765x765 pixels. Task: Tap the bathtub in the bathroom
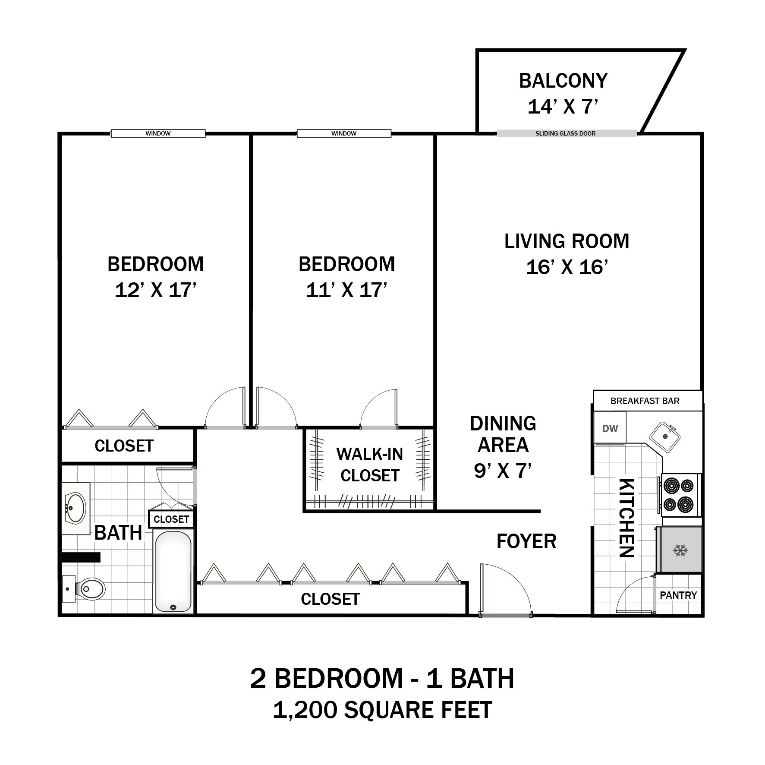coord(173,571)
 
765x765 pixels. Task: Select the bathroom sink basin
coord(76,508)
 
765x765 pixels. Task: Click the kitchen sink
coord(665,437)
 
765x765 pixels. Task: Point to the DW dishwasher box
coord(610,428)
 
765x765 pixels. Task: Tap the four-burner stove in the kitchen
coord(679,495)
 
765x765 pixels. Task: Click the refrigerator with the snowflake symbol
coord(680,550)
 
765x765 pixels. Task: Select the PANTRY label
coord(678,595)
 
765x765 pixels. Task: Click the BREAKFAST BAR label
coord(645,401)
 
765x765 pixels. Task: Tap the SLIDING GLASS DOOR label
coord(565,134)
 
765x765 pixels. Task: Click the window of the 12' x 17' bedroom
coord(158,134)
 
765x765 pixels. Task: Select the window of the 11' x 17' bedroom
coord(344,134)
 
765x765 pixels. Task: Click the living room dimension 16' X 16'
coord(567,267)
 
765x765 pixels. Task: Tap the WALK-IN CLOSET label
coord(370,465)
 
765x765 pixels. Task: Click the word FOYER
coord(526,541)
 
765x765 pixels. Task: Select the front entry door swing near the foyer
coord(505,589)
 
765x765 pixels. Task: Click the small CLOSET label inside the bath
coord(171,519)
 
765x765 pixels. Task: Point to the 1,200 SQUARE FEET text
coord(382,710)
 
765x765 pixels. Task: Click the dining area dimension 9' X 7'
coord(503,471)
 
